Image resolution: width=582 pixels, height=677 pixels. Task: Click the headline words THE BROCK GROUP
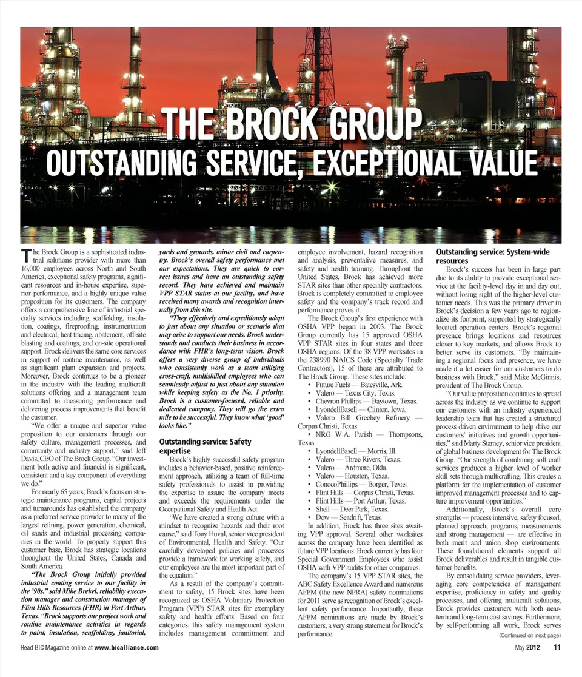coord(292,125)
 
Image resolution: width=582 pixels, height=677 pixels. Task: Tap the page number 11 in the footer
coord(556,647)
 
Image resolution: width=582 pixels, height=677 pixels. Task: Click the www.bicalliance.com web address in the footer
coord(127,647)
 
